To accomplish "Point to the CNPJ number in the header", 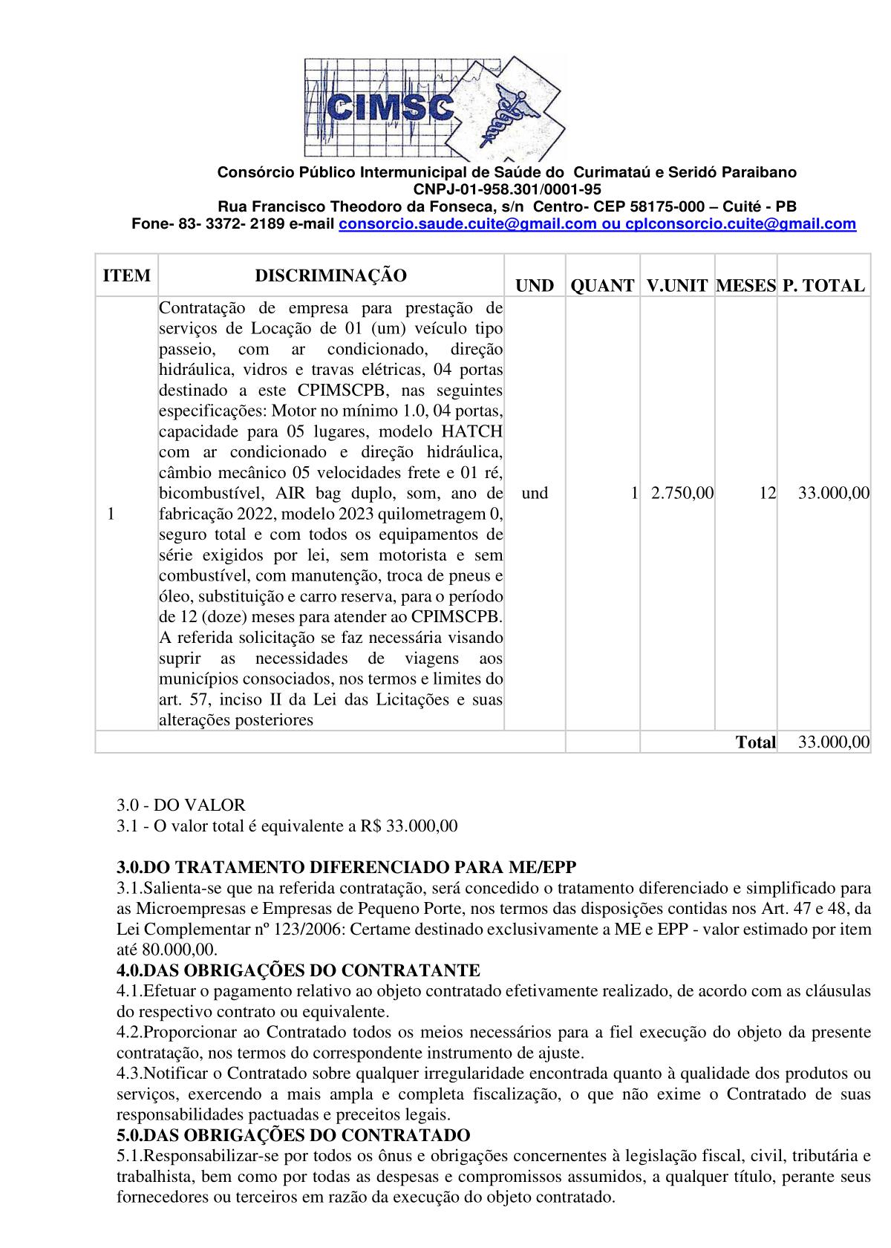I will point(507,189).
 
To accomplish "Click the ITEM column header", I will point(126,276).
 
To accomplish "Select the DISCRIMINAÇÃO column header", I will point(331,276).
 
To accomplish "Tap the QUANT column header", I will point(602,286).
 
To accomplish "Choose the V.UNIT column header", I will point(676,286).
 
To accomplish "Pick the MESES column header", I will point(745,286).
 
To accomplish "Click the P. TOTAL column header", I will point(823,286).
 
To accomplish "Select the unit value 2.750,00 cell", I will point(682,493).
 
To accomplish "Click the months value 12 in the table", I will point(767,493).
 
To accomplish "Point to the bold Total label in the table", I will point(755,742).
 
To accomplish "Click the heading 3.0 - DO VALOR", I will point(180,806).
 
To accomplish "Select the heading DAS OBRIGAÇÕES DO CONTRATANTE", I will point(298,970).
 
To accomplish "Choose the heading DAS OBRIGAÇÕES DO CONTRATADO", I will point(293,1135).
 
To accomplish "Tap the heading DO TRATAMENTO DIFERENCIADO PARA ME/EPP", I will point(346,867).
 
